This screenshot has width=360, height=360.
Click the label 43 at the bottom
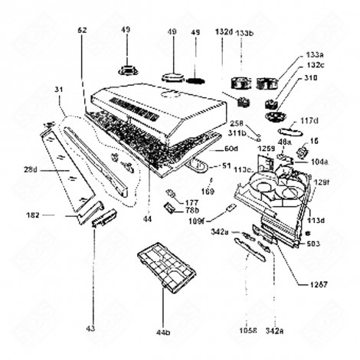(91, 329)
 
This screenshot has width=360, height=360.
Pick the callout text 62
(83, 30)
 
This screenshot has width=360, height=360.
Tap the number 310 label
(310, 77)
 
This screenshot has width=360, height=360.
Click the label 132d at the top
(224, 32)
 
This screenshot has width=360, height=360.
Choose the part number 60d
(230, 148)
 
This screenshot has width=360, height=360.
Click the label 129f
(321, 182)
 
